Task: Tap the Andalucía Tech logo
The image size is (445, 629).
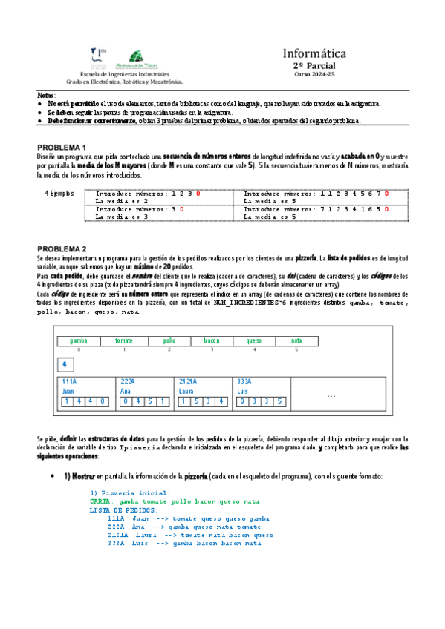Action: point(137,57)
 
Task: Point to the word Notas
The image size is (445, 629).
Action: point(45,96)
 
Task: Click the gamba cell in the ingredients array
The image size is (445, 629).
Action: point(78,340)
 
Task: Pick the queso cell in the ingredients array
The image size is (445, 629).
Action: point(254,340)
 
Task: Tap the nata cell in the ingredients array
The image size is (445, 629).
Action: point(296,340)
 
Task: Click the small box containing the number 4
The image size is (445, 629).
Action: point(65,365)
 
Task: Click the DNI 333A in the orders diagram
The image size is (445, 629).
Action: point(244,381)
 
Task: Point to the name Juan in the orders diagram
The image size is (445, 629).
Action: point(68,390)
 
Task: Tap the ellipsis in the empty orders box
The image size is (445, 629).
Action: point(331,396)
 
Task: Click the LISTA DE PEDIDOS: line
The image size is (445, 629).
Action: point(123,510)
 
